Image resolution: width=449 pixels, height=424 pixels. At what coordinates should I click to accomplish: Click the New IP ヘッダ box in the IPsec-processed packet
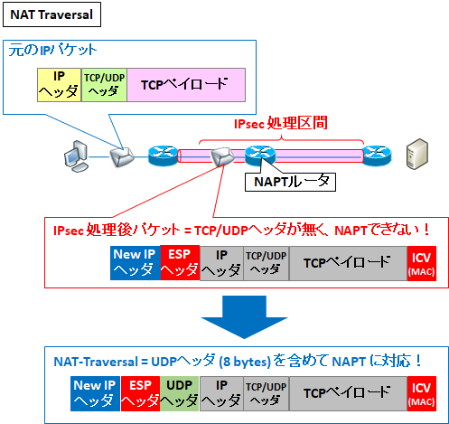[x=134, y=262]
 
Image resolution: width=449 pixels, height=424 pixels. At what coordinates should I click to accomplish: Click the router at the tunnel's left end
[x=166, y=155]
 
